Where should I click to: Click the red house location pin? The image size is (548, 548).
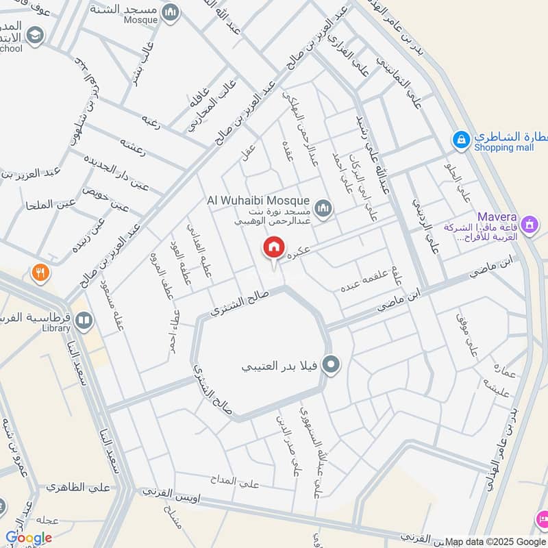coord(274,248)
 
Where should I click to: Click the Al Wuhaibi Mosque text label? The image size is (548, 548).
coord(258,201)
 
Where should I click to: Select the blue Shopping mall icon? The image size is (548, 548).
coord(462,140)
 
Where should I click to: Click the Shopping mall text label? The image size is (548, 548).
coord(503,147)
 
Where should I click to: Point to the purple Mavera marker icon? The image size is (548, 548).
coord(529,223)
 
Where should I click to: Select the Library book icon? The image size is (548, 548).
coord(84,319)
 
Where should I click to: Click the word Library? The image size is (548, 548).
coord(56,329)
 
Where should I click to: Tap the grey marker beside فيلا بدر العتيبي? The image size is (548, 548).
coord(332,365)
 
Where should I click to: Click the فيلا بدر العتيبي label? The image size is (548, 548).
coord(277,366)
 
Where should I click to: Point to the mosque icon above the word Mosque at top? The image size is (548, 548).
coord(171,11)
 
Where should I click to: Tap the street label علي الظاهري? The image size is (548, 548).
coord(78,488)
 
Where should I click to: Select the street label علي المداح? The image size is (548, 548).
coord(235,483)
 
